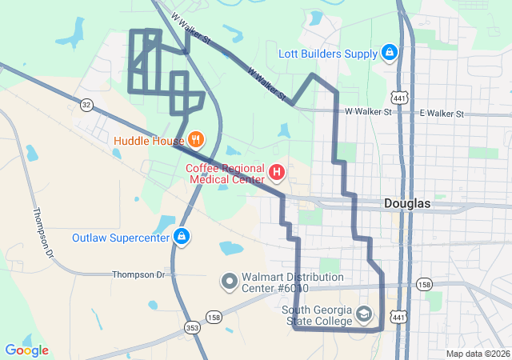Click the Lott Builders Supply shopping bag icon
[x=389, y=54]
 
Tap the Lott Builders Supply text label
[x=328, y=54]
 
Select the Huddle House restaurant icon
[x=194, y=141]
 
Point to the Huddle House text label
[x=149, y=142]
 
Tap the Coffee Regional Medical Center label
[x=226, y=174]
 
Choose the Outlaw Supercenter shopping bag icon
[x=182, y=237]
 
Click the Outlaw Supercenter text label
[x=121, y=238]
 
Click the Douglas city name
[x=406, y=204]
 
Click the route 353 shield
[x=191, y=327]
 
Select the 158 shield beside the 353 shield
[x=213, y=317]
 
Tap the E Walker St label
[x=441, y=114]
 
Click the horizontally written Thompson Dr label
[x=137, y=274]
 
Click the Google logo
[x=26, y=350]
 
